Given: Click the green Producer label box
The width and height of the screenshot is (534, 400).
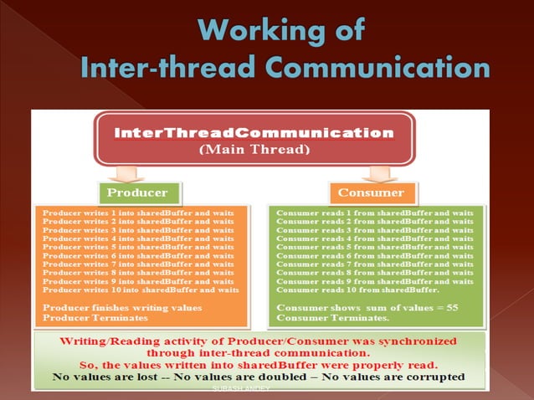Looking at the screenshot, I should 139,192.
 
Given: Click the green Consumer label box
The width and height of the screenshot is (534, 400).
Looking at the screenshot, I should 370,192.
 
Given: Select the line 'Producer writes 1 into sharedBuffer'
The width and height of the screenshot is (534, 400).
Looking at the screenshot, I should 138,213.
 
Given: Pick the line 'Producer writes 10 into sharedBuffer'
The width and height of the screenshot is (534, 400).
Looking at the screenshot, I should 141,290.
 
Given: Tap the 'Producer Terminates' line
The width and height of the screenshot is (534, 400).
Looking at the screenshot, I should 90,317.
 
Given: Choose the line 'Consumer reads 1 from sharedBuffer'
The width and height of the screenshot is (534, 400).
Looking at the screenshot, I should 374,213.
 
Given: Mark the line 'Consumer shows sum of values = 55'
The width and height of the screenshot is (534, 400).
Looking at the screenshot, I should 367,308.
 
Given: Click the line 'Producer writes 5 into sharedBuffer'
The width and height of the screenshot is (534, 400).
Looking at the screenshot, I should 138,248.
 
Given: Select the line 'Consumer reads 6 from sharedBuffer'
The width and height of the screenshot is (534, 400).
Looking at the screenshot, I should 374,256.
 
